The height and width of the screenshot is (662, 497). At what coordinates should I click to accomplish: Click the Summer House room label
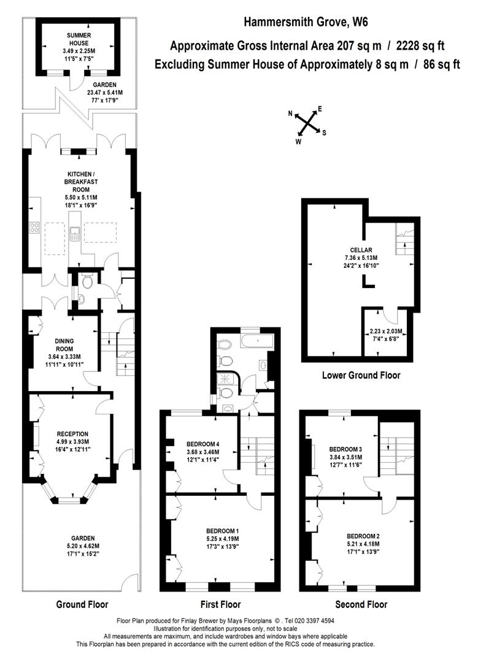(79, 39)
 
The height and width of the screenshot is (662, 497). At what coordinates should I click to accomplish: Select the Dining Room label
(64, 345)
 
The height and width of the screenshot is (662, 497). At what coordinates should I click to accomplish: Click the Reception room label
(72, 433)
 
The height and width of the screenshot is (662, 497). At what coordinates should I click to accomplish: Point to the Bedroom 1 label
(223, 531)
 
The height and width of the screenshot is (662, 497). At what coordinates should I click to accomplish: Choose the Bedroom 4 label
(203, 444)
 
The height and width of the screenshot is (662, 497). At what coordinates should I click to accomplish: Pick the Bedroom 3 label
(345, 449)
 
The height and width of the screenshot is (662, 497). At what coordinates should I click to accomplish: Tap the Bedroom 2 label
(363, 536)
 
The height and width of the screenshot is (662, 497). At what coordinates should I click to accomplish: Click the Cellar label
(361, 249)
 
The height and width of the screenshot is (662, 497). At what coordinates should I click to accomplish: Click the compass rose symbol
(307, 124)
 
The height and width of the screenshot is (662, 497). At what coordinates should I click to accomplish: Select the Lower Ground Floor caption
(361, 375)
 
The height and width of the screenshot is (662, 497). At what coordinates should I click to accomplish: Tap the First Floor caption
(221, 604)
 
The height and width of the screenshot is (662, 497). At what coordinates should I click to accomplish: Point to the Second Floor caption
(361, 604)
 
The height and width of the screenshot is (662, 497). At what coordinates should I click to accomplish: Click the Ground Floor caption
(82, 604)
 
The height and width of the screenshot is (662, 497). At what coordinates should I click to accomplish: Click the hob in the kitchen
(34, 228)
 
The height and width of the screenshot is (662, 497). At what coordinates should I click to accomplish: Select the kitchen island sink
(75, 234)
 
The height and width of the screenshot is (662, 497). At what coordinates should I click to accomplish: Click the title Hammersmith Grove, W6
(306, 22)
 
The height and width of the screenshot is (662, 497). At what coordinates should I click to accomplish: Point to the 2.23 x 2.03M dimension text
(386, 331)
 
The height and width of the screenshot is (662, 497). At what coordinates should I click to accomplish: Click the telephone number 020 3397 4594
(312, 620)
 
